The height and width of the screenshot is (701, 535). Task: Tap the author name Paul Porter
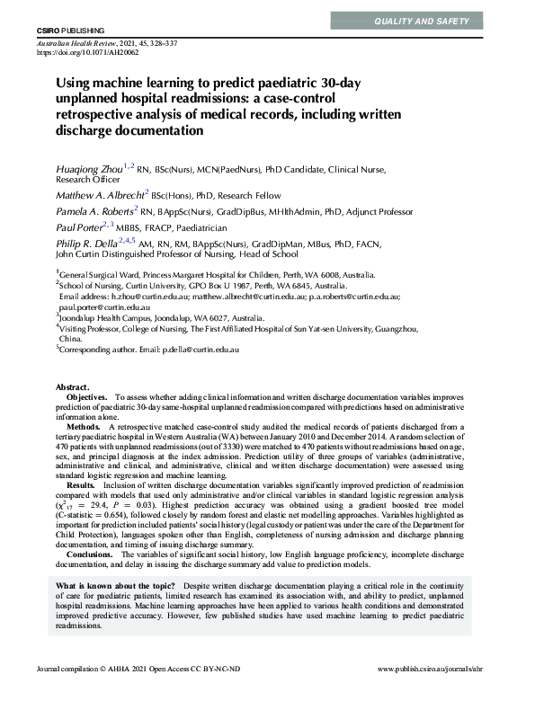pos(77,226)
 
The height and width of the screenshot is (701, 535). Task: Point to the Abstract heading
pos(73,411)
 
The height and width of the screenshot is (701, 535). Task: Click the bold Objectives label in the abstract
pos(87,421)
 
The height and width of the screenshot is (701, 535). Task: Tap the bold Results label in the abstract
pos(82,510)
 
